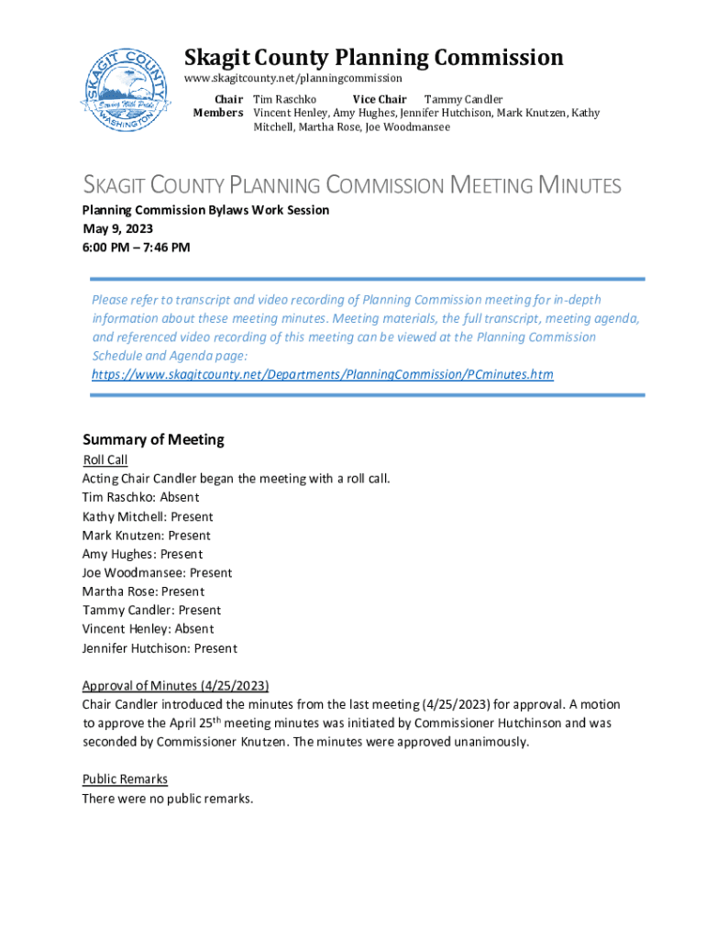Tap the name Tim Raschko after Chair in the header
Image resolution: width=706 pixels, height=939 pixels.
click(x=285, y=99)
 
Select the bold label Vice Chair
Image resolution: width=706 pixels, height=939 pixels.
click(x=380, y=99)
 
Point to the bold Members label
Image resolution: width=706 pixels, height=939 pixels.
click(x=218, y=113)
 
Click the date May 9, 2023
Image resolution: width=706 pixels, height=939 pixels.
click(x=117, y=228)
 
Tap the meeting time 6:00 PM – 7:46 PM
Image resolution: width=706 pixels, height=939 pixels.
click(x=137, y=247)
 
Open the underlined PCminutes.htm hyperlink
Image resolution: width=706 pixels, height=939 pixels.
click(x=323, y=374)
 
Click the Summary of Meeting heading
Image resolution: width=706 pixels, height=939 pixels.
click(x=153, y=440)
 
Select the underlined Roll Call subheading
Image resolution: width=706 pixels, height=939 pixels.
click(x=105, y=460)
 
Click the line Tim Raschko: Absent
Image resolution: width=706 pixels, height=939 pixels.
click(x=140, y=497)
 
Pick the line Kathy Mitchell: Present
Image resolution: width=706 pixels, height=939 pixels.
click(x=148, y=516)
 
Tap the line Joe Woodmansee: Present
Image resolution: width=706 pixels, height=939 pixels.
click(x=157, y=572)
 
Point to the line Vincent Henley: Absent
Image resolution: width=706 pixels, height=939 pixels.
click(x=148, y=629)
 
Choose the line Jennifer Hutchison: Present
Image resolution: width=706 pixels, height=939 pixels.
click(x=160, y=648)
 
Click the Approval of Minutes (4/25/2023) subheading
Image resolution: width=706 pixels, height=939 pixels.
click(x=175, y=686)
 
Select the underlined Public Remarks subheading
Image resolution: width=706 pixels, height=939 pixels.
click(x=125, y=779)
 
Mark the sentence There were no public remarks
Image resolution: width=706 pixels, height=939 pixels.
click(x=167, y=799)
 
